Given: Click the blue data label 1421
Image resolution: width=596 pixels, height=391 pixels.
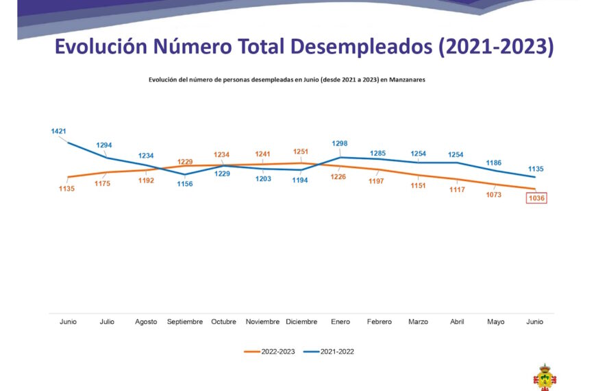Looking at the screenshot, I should point(59,130).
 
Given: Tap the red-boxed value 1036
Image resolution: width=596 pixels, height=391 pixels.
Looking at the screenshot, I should point(536,198).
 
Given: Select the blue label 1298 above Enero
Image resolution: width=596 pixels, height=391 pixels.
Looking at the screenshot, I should point(340,143).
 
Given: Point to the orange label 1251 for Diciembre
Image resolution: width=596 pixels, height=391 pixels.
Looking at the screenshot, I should point(301,152).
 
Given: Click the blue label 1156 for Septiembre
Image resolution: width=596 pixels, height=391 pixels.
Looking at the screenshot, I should point(185,183).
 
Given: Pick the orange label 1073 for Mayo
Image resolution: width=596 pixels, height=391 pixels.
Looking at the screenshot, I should point(493,195).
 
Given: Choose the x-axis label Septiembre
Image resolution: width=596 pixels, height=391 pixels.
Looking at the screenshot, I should point(185,322).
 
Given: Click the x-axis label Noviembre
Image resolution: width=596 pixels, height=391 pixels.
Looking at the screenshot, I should point(262,322).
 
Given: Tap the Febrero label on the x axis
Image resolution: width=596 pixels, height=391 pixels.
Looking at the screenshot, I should point(379,322).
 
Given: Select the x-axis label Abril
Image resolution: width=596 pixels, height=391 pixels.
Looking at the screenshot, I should point(457,322).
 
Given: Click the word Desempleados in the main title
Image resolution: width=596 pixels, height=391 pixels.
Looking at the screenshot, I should point(362,47).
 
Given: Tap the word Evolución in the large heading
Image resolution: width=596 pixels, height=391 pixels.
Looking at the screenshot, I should point(101,47).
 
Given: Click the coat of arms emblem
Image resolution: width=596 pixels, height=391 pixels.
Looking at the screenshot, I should point(545,377).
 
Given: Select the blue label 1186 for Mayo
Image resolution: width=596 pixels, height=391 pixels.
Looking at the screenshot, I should point(493,163).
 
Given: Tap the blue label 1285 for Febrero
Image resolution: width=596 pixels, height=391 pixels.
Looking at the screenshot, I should point(379,153).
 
